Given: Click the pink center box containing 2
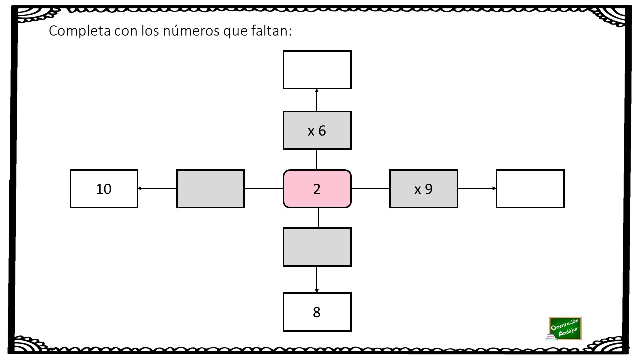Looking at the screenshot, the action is [317, 189].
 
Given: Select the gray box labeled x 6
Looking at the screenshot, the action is [317, 130].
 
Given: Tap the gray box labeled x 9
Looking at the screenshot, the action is [423, 189].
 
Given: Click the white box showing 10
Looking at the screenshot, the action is [104, 189].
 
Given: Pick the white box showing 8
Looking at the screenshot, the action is [317, 312].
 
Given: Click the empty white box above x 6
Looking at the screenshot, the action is [317, 70].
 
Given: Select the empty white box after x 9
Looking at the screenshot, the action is [530, 189].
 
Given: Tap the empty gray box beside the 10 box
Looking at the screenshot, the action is [210, 189].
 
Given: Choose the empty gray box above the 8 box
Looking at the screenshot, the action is [317, 247].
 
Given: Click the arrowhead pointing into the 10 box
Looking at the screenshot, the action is [140, 188].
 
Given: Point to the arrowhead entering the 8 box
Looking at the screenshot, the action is [317, 291].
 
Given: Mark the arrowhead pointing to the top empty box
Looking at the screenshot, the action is [317, 91].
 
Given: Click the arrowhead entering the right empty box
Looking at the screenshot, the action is [494, 188].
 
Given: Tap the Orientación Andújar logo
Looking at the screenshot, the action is [565, 329].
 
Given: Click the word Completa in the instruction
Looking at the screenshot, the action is [79, 31].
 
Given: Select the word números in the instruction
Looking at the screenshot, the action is [191, 31].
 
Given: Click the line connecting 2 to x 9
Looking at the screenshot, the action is [370, 188].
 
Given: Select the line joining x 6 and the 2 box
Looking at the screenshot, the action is [317, 159].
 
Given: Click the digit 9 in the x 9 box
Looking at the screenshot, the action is [429, 189].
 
